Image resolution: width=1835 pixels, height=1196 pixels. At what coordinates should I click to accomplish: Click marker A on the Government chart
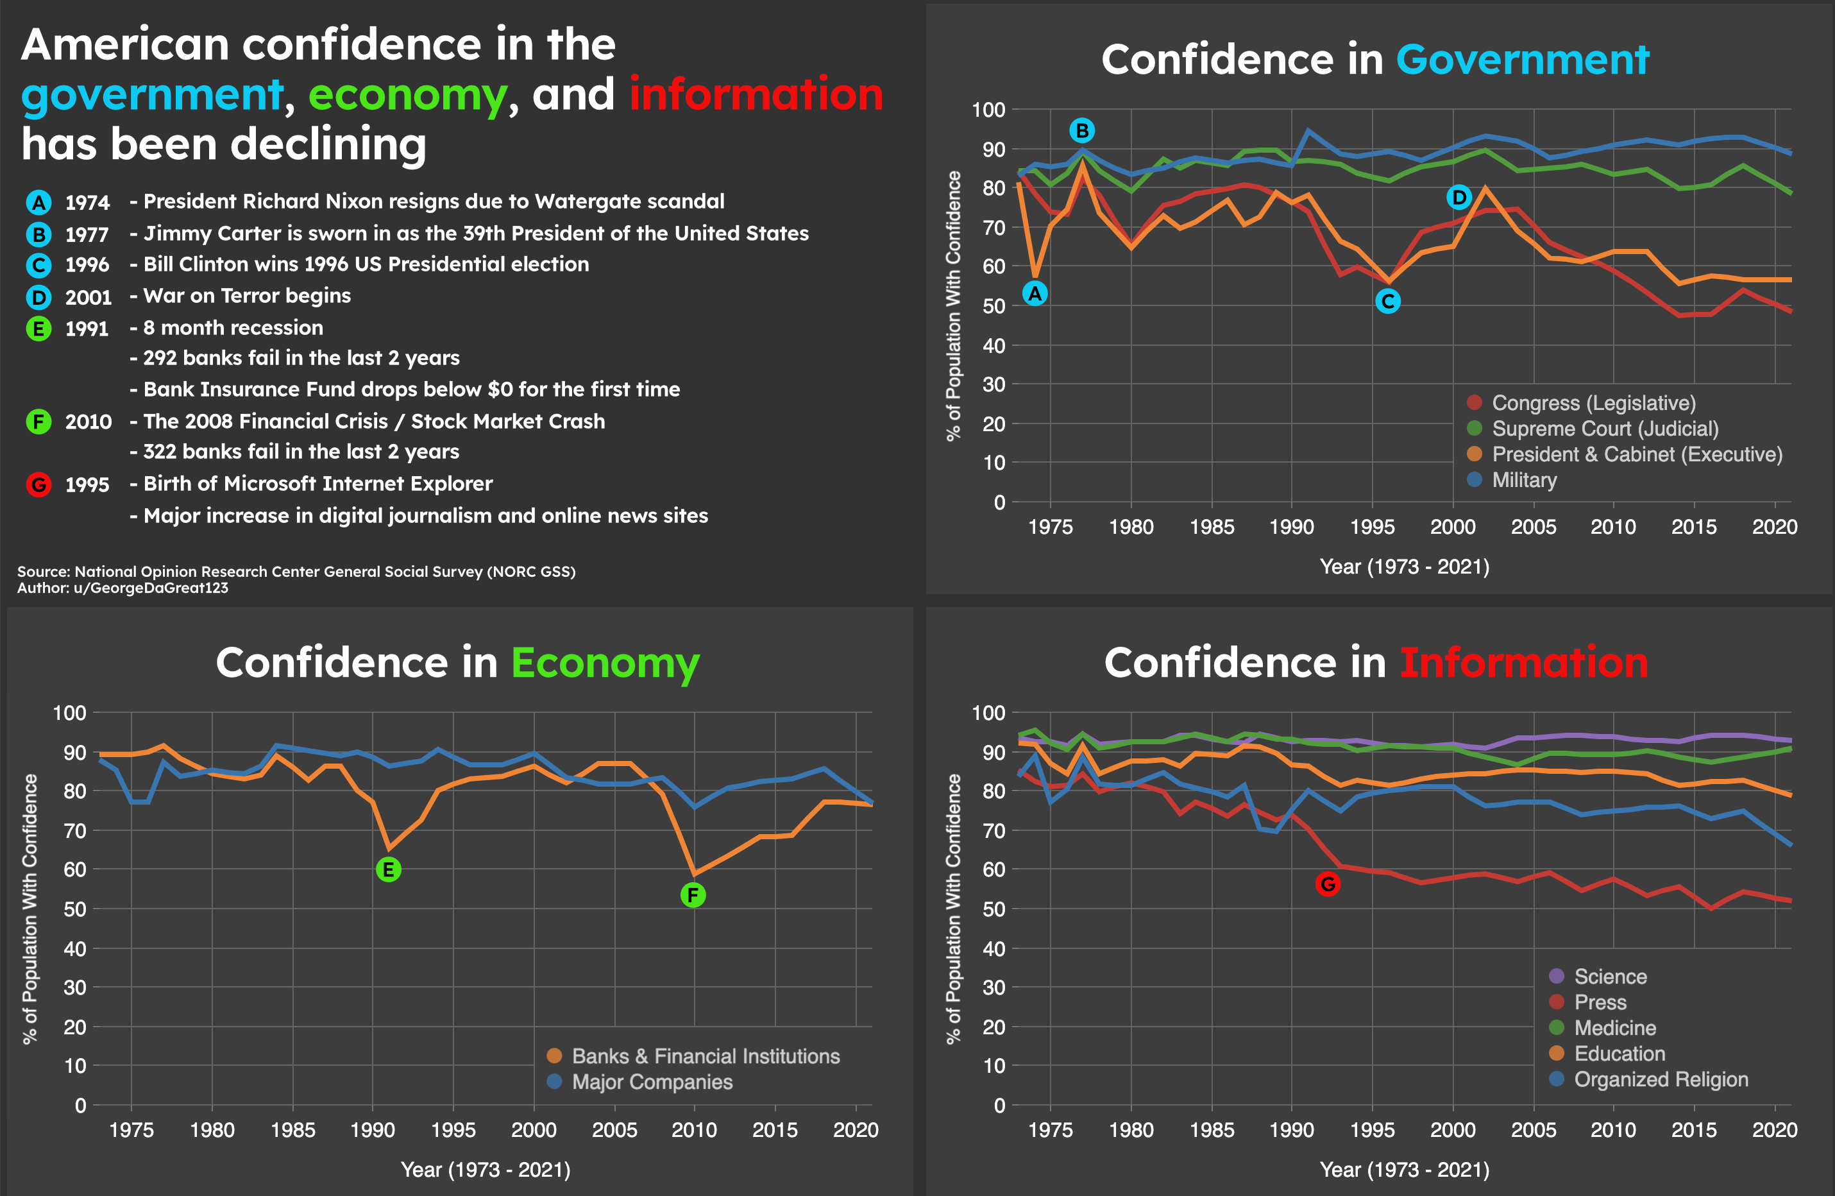click(x=1035, y=294)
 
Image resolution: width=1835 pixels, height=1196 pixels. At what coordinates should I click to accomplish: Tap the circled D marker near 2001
click(x=1459, y=198)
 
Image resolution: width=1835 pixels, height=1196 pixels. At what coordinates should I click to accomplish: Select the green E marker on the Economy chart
click(x=388, y=870)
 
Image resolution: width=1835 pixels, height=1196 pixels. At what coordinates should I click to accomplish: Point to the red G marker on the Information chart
click(x=1328, y=884)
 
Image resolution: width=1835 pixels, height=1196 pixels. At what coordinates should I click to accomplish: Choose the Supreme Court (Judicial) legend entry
click(x=1605, y=429)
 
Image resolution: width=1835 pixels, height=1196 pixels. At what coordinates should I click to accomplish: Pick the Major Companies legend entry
click(x=652, y=1082)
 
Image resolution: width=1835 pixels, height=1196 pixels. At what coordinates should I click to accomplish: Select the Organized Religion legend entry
click(x=1660, y=1080)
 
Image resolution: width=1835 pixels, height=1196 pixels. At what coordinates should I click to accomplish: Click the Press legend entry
click(x=1600, y=1002)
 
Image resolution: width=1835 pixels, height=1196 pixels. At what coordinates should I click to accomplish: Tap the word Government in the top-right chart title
click(x=1522, y=60)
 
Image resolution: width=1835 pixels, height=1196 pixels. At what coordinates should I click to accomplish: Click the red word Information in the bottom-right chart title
click(x=1523, y=663)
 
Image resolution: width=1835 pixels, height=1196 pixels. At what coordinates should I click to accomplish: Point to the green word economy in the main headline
click(x=407, y=95)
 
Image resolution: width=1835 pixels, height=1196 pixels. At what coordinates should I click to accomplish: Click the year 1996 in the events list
click(x=87, y=265)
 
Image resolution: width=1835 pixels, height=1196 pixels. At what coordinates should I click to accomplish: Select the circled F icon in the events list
click(x=38, y=422)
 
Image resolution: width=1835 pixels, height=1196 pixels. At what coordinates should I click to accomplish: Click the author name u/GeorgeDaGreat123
click(x=151, y=588)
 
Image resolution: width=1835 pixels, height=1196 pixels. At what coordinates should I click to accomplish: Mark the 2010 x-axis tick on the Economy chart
click(x=694, y=1130)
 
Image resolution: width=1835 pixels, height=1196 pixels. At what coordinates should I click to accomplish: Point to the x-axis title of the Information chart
click(x=1404, y=1170)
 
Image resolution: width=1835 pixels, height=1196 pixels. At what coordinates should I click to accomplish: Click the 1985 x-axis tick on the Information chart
click(x=1212, y=1130)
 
